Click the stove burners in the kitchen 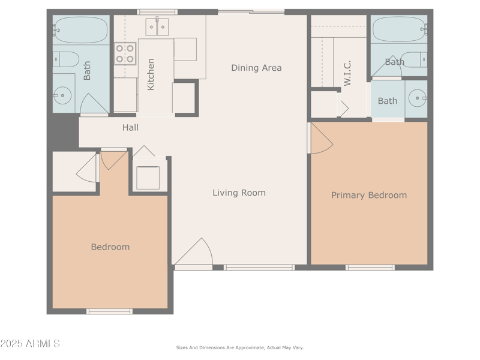pos(125,53)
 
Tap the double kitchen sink pos(157,27)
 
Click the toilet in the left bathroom pos(66,59)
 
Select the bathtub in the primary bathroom pos(399,29)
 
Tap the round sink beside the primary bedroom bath pos(416,97)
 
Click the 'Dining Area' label pos(256,68)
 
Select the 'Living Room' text pos(239,193)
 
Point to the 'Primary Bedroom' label pos(369,195)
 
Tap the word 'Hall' pos(130,127)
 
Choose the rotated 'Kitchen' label pos(151,74)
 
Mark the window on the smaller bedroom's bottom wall pos(109,311)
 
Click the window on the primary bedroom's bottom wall pos(370,268)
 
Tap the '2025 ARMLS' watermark pos(30,343)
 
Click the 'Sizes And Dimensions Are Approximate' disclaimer pos(239,347)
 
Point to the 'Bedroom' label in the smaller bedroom pos(110,247)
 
